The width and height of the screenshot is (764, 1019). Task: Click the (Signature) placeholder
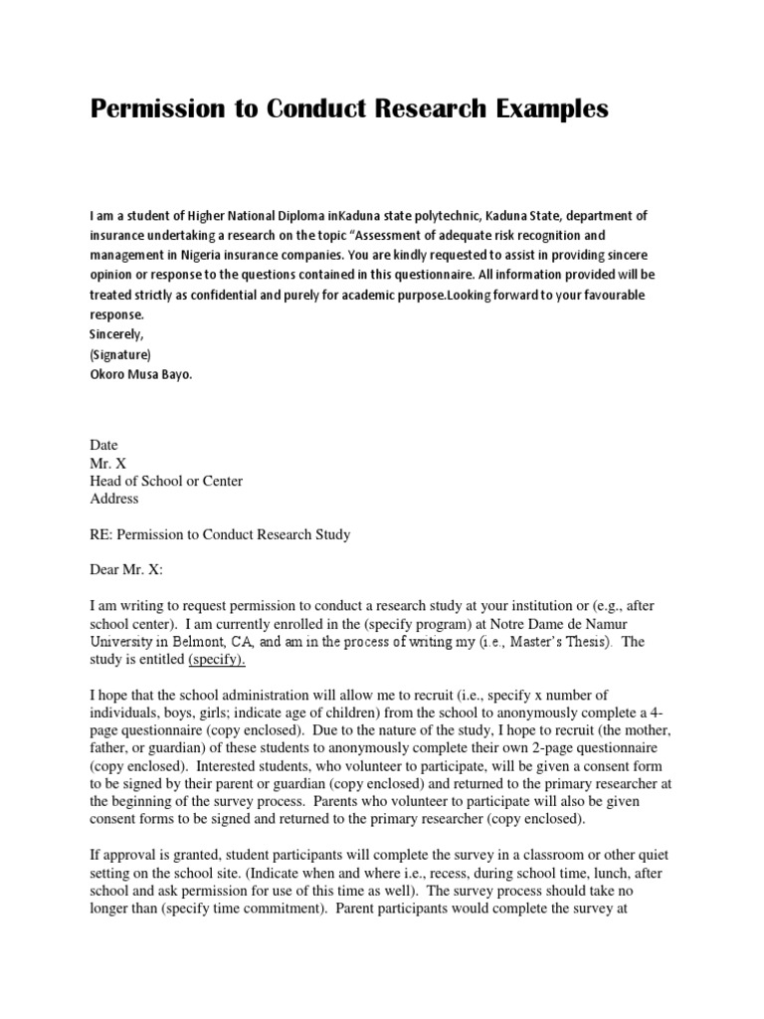click(x=121, y=352)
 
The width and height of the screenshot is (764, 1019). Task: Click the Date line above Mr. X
click(x=104, y=445)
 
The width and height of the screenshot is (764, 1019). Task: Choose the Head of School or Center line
click(x=166, y=481)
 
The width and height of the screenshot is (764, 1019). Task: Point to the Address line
click(x=114, y=499)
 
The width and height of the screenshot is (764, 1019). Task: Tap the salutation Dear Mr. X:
click(x=125, y=570)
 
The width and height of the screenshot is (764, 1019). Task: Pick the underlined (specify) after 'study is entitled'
click(x=216, y=660)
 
